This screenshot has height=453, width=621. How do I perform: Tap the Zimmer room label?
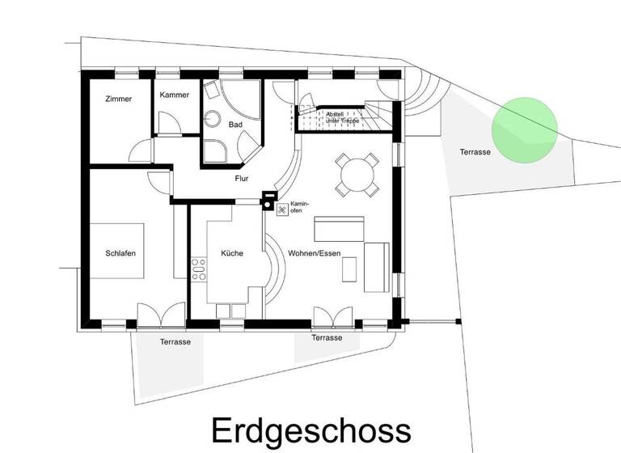pyautogui.click(x=118, y=99)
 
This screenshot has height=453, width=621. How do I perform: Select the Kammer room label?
pyautogui.click(x=175, y=95)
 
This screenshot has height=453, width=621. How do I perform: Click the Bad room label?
pyautogui.click(x=235, y=125)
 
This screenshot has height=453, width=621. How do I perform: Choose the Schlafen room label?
pyautogui.click(x=120, y=253)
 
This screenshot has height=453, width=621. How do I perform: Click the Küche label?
pyautogui.click(x=232, y=253)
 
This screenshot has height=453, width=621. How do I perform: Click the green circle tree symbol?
pyautogui.click(x=525, y=131)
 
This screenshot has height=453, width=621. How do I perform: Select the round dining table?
pyautogui.click(x=357, y=174)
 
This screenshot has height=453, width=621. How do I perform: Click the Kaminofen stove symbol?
pyautogui.click(x=282, y=210)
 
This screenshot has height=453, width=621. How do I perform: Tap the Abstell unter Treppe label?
pyautogui.click(x=342, y=117)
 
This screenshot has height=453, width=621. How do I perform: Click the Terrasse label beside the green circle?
pyautogui.click(x=475, y=151)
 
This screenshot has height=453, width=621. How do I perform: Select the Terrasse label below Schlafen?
pyautogui.click(x=175, y=342)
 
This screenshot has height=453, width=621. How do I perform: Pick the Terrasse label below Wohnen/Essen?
pyautogui.click(x=327, y=337)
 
